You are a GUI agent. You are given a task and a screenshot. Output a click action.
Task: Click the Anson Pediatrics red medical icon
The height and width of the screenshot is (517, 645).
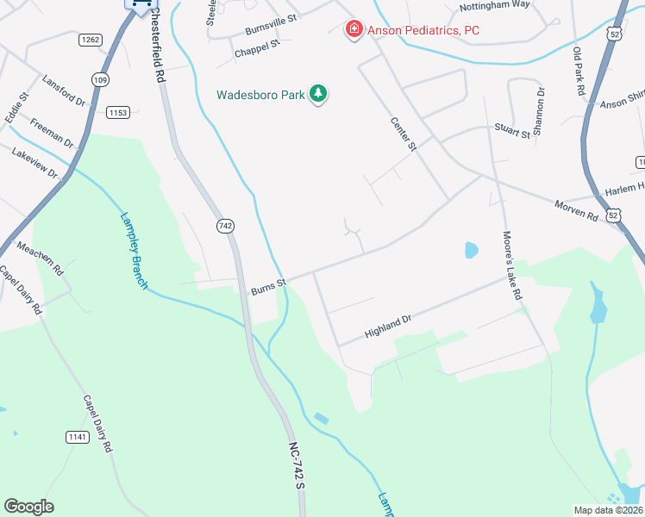[353, 31]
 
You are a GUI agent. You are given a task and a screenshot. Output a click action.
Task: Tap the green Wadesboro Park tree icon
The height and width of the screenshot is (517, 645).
[318, 94]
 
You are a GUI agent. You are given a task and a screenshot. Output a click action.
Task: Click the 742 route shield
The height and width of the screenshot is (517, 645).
[225, 226]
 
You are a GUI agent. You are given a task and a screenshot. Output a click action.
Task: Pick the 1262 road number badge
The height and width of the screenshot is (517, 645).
[91, 40]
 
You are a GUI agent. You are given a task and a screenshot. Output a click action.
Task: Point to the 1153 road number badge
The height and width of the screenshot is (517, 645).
[118, 113]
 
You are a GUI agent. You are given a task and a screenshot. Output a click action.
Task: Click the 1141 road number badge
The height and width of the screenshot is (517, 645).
[77, 438]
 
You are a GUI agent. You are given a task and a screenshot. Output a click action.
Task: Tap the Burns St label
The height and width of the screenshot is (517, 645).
[268, 285]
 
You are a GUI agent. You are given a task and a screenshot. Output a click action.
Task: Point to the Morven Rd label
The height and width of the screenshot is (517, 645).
[575, 208]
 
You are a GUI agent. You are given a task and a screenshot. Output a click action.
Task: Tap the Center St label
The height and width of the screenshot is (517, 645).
[403, 134]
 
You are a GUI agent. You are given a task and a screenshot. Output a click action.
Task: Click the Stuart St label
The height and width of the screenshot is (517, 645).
[512, 132]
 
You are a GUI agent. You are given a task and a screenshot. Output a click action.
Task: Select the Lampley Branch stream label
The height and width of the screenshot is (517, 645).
[133, 250]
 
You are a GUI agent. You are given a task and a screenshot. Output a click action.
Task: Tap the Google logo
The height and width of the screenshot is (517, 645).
[28, 507]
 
